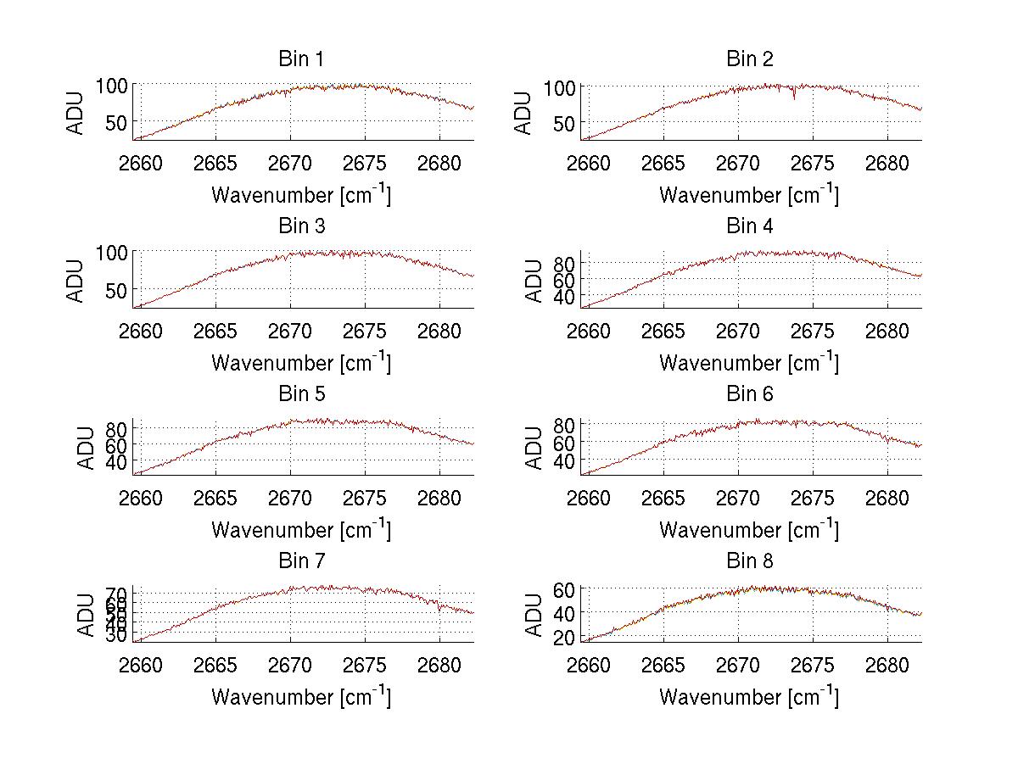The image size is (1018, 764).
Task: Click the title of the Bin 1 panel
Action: [x=300, y=59]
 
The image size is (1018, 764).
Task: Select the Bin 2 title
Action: [x=749, y=59]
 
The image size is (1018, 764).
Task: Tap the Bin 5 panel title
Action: [x=300, y=394]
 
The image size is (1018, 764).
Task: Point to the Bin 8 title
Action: [x=749, y=561]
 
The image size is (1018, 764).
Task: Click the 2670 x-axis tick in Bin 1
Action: [x=290, y=163]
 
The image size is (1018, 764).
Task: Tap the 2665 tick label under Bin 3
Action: [x=215, y=330]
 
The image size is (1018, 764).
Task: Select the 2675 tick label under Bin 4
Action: [x=813, y=330]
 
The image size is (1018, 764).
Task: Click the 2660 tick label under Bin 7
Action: [x=141, y=665]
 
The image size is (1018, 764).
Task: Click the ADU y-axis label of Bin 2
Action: [x=524, y=113]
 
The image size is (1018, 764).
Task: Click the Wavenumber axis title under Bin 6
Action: [x=749, y=530]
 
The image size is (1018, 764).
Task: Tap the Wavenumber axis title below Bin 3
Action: [x=300, y=363]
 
